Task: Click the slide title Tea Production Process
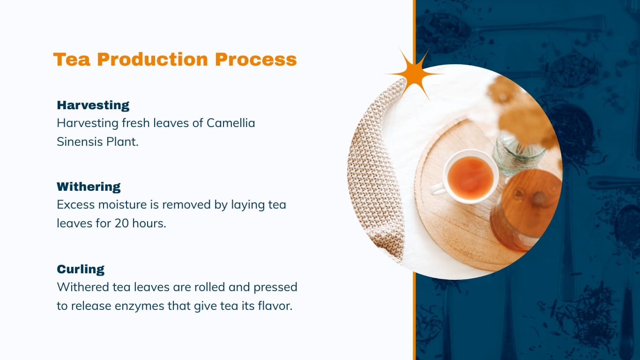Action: [175, 60]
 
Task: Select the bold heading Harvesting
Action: [93, 105]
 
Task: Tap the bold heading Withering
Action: [89, 187]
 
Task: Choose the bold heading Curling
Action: [81, 269]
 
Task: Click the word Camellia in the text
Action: [231, 123]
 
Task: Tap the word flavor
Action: [275, 306]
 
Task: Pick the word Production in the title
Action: [152, 60]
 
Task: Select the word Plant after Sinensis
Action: [124, 142]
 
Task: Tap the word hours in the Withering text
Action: [149, 224]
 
